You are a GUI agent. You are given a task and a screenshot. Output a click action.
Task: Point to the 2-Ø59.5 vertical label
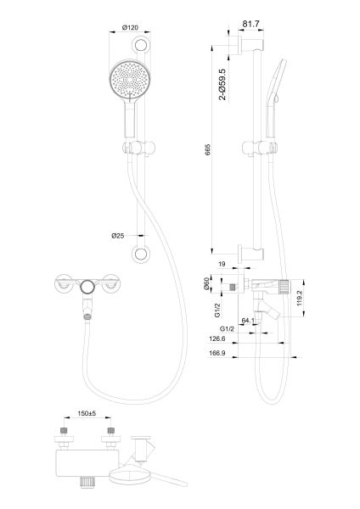click(222, 86)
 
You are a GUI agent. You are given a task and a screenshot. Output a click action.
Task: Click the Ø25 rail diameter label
click(119, 235)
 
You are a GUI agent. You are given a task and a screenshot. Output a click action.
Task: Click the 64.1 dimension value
click(249, 321)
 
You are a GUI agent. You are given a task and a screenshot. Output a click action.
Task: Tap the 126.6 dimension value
click(217, 338)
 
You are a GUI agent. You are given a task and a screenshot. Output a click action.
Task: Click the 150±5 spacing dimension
click(86, 415)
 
